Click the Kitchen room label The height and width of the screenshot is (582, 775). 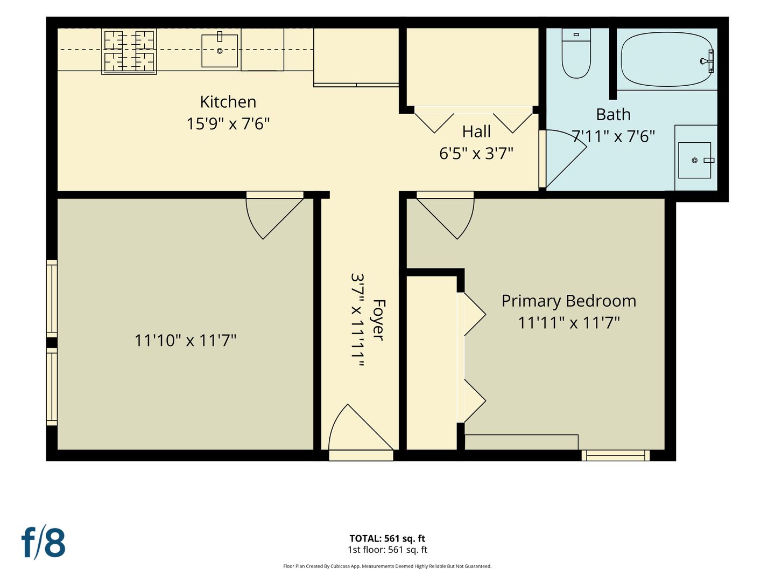pos(228,102)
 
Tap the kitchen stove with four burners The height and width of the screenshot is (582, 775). pos(129,51)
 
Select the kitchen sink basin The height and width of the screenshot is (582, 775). pos(220,51)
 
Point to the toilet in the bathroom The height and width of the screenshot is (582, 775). pos(576,53)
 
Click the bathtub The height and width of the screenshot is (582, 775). pos(667,59)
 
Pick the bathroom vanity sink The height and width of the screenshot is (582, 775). pos(695,160)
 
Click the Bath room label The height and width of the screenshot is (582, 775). pos(614,114)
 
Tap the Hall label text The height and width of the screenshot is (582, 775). pos(476,132)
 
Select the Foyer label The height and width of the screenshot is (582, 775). pos(378,320)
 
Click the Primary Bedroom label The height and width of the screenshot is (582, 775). pos(569,301)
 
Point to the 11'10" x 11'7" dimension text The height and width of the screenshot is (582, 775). pos(185,341)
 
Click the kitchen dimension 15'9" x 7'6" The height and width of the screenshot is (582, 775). pos(228,124)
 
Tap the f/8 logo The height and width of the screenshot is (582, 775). pos(44,543)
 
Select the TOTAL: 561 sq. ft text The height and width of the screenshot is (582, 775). pos(387,538)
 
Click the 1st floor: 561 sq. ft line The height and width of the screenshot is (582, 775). pos(387,550)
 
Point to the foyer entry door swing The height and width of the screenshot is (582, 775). pos(361,427)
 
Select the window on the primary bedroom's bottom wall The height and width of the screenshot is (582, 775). pos(615,455)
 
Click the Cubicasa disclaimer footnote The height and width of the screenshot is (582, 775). pos(387,566)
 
